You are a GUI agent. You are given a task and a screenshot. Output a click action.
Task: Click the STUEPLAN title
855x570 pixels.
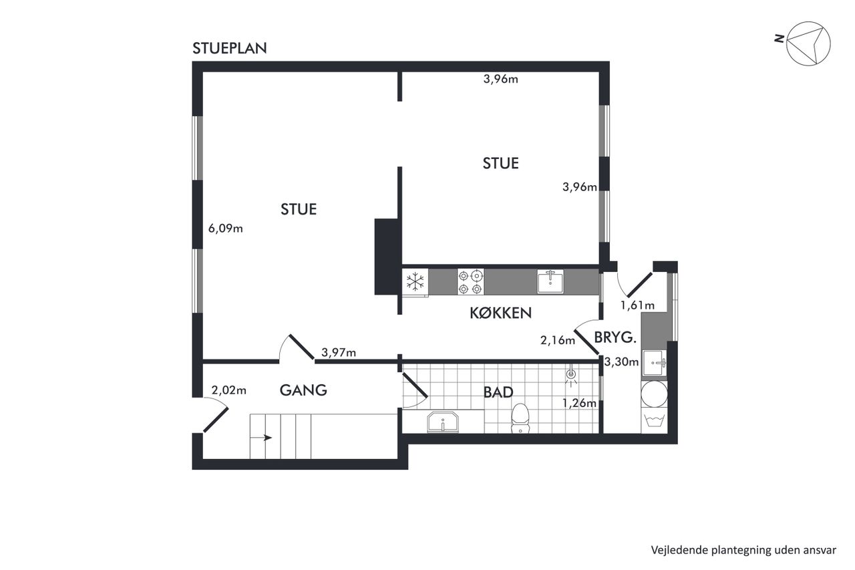(x=229, y=49)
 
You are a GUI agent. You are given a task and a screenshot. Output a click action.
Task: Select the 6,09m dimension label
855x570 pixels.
(x=225, y=229)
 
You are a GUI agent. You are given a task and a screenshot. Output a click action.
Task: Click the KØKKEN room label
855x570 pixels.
(x=500, y=313)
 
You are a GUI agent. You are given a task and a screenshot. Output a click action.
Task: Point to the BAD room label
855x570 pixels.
(x=498, y=392)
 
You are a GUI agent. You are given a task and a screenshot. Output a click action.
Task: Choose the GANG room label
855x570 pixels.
(x=303, y=390)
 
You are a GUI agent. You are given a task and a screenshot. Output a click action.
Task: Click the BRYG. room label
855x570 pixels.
(x=615, y=337)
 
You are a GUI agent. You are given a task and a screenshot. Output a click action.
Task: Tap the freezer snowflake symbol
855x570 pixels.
(x=415, y=282)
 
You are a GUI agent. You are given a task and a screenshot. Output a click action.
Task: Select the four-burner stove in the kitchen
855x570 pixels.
(x=471, y=282)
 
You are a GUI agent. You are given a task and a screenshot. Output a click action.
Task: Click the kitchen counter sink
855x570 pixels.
(x=550, y=281)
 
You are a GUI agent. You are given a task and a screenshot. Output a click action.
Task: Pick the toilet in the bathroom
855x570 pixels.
(x=520, y=418)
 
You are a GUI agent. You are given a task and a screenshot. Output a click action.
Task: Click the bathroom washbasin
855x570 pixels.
(x=443, y=422)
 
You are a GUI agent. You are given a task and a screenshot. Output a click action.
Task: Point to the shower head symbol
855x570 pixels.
(x=571, y=376)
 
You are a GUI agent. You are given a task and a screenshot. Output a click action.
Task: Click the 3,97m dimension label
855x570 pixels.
(x=339, y=352)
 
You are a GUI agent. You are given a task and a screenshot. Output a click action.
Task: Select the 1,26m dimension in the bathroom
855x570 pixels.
(x=579, y=403)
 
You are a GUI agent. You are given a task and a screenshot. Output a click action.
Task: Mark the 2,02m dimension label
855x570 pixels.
(x=228, y=390)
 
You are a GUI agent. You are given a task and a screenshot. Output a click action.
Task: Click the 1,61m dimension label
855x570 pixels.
(x=637, y=305)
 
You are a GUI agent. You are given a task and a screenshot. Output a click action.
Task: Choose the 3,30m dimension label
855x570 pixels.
(x=621, y=362)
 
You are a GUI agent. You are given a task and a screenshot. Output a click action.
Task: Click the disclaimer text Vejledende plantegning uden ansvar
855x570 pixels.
(x=743, y=550)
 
